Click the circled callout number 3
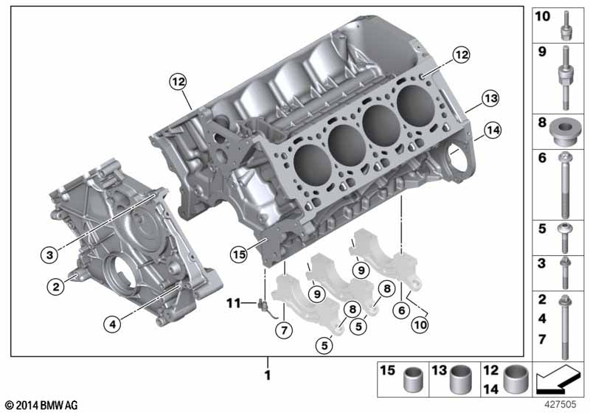(x=49, y=255)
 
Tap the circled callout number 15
(x=239, y=254)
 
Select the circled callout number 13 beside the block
(x=491, y=99)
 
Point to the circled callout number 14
(x=493, y=130)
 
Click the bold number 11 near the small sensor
(x=233, y=303)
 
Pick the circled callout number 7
(x=284, y=330)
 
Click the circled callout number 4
(x=113, y=324)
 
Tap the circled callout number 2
(x=56, y=287)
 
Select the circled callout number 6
(x=401, y=310)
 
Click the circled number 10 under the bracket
(x=420, y=324)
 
